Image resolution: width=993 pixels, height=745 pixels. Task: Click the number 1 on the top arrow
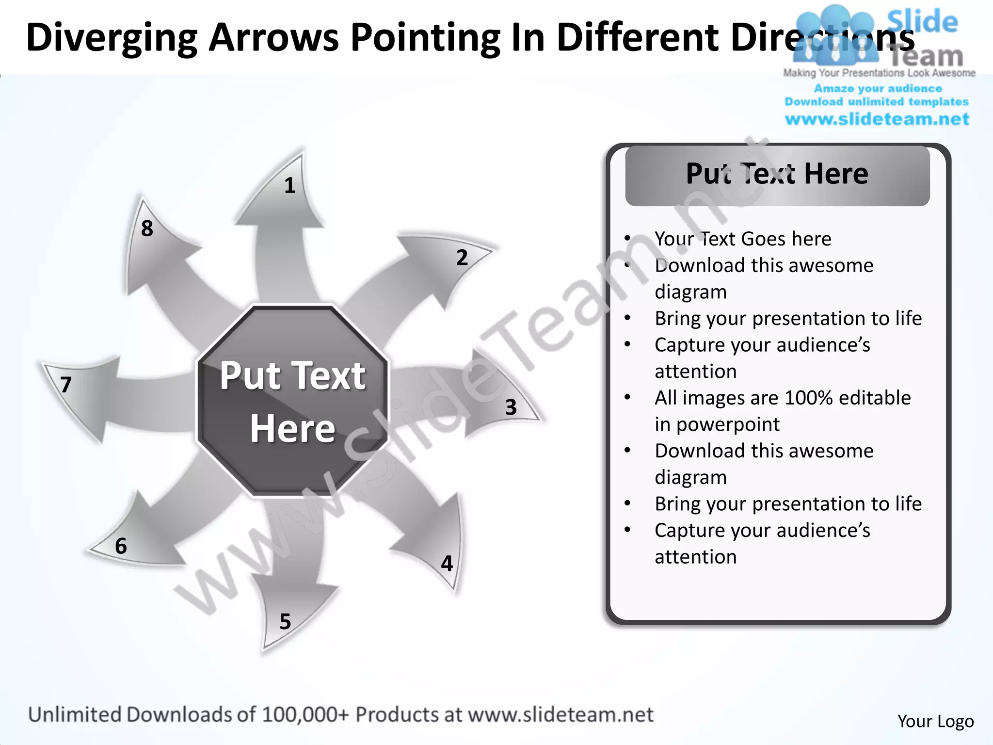click(289, 186)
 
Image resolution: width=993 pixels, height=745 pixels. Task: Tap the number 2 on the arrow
click(462, 258)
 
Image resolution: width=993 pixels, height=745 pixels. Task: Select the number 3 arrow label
click(511, 407)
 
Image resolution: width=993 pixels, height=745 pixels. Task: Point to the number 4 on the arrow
click(447, 564)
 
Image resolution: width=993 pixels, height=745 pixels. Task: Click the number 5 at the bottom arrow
click(285, 622)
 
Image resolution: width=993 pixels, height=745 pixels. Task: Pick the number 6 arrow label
click(121, 546)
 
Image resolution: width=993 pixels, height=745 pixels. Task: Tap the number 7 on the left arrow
click(66, 385)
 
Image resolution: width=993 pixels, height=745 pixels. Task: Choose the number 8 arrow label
click(147, 228)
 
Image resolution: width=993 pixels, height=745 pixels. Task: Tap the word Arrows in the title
click(273, 38)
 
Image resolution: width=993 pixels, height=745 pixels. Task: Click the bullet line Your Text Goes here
click(742, 239)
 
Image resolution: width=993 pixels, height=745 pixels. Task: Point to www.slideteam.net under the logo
click(877, 119)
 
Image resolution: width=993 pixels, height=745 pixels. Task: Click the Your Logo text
click(935, 721)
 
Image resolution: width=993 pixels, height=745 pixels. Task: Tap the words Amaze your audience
click(878, 89)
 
